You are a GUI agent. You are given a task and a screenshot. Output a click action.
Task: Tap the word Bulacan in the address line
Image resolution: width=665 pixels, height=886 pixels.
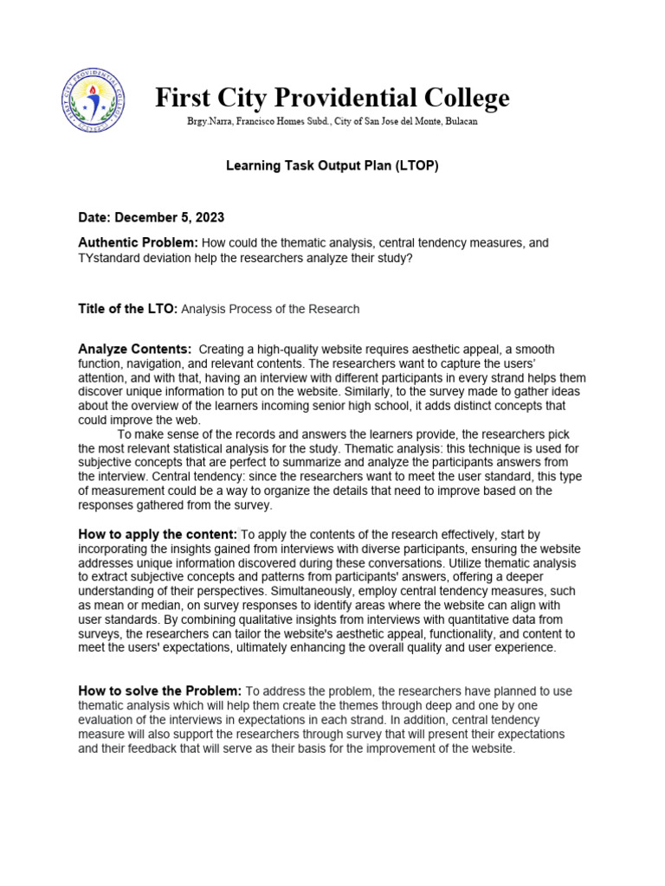(x=459, y=122)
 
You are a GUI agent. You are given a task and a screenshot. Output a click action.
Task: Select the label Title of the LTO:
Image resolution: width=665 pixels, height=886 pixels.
(x=127, y=309)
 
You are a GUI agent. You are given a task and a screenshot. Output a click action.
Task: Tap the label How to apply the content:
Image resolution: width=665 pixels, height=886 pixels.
(x=158, y=535)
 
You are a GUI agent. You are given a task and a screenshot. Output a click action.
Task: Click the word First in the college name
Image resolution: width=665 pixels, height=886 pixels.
(x=184, y=98)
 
